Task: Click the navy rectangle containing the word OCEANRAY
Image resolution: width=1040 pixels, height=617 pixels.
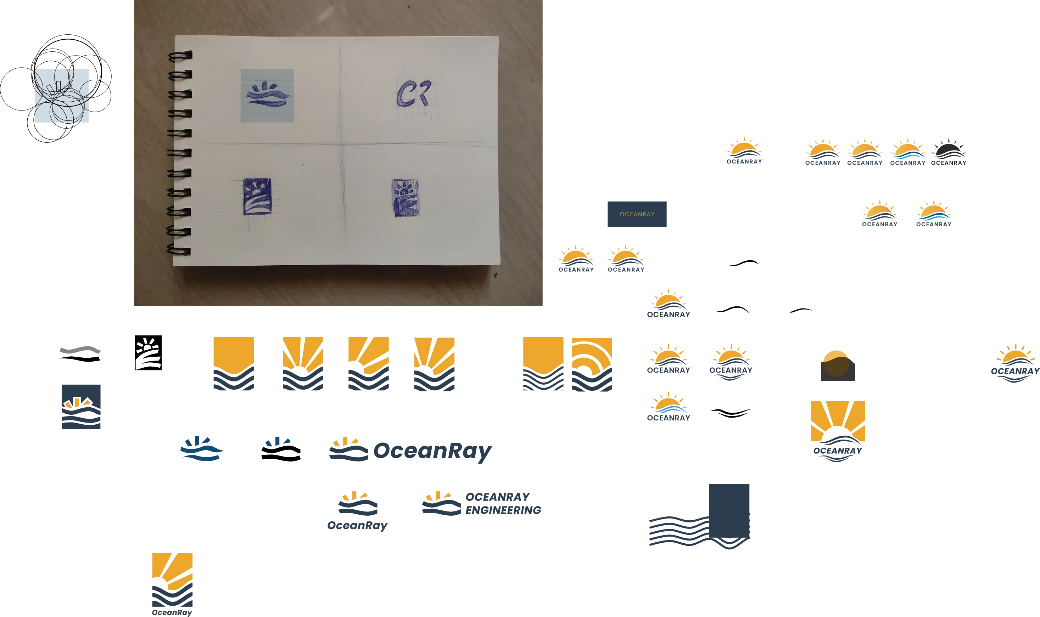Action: point(638,215)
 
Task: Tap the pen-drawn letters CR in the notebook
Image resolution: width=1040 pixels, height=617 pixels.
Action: point(413,93)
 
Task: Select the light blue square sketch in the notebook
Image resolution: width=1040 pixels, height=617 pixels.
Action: point(267,96)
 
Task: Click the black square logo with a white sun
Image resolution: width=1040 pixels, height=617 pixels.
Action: point(149,352)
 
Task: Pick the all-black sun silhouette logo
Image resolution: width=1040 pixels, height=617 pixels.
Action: point(948,152)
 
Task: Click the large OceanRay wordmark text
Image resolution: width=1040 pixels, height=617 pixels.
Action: point(433,451)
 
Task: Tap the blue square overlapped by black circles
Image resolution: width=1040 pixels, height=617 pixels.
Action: point(62,96)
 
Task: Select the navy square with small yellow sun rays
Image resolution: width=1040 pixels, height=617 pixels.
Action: point(81,406)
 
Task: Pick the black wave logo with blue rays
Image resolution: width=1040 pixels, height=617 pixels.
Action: point(282,449)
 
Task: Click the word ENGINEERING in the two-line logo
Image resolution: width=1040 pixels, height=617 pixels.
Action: point(503,510)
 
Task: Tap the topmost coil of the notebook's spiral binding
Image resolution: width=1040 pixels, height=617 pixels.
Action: point(180,56)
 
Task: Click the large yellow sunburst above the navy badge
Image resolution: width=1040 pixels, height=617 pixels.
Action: point(837,420)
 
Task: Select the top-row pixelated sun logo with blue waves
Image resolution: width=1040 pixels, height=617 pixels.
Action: point(908,152)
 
